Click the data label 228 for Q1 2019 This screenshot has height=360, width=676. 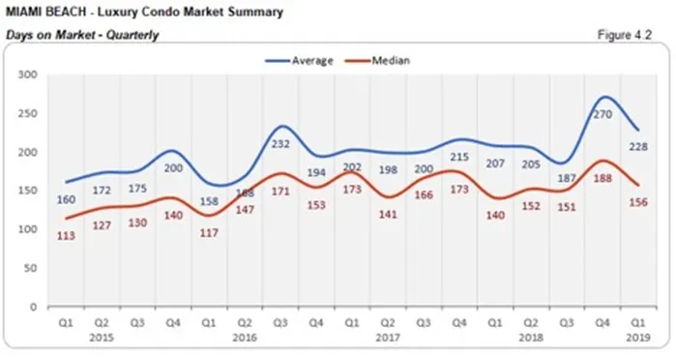(637, 147)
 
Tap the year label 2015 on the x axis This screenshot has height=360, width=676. (101, 339)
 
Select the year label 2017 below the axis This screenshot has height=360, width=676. (386, 339)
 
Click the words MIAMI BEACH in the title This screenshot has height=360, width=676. (44, 13)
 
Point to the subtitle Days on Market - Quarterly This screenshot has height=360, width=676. (81, 35)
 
